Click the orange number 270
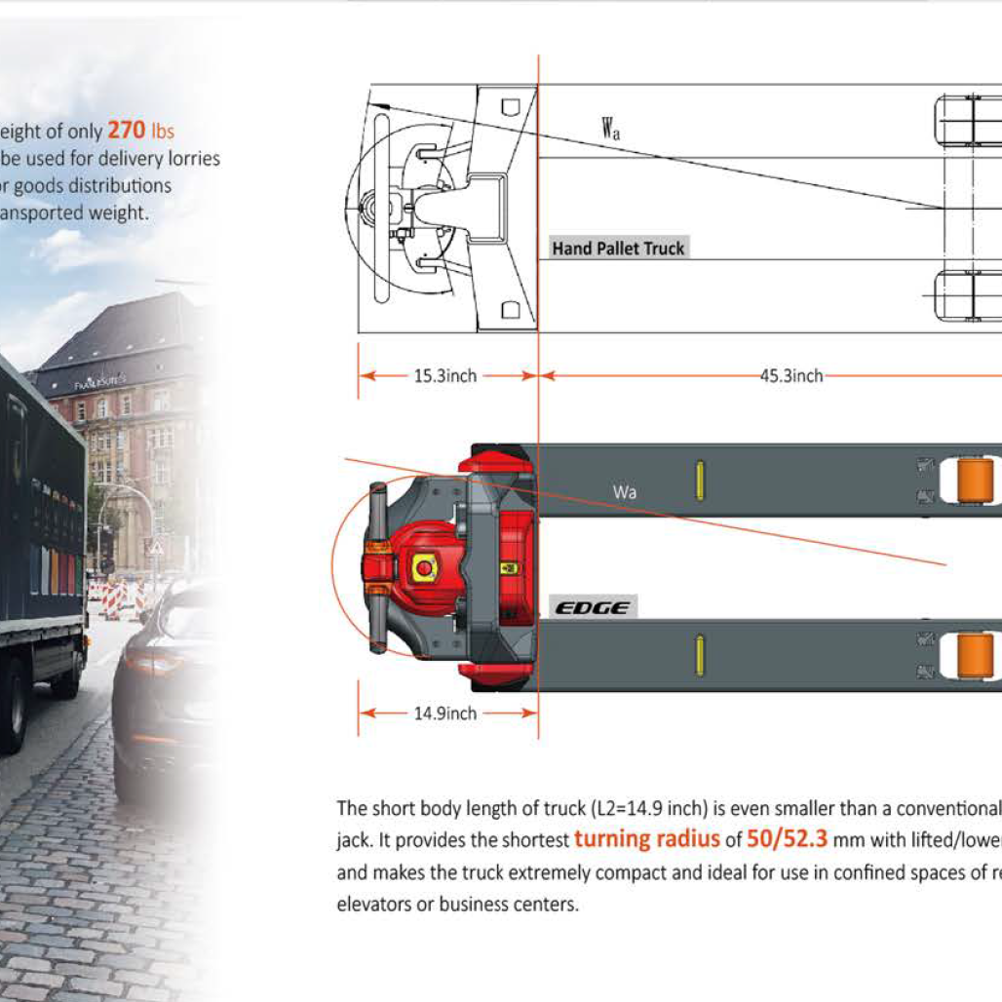[126, 130]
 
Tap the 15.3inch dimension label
[445, 376]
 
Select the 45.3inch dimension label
[791, 376]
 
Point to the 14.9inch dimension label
[445, 713]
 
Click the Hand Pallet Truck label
[618, 249]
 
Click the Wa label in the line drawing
[610, 128]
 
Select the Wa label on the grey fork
[625, 492]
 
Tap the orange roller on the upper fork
[975, 482]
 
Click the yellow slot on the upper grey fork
[699, 481]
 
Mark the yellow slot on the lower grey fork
[699, 655]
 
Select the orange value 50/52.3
[787, 838]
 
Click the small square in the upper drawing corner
[510, 106]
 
